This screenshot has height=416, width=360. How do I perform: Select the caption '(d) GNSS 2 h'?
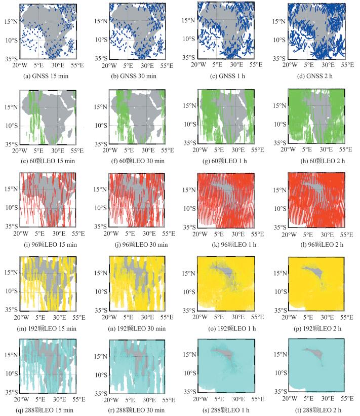click(x=316, y=76)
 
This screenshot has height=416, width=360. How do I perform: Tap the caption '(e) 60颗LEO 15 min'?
click(x=48, y=161)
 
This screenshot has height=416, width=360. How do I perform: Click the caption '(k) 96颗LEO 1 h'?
click(x=227, y=244)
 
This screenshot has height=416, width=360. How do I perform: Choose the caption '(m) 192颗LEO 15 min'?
click(x=48, y=328)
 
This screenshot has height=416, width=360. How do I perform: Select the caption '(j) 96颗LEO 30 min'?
click(x=138, y=244)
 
